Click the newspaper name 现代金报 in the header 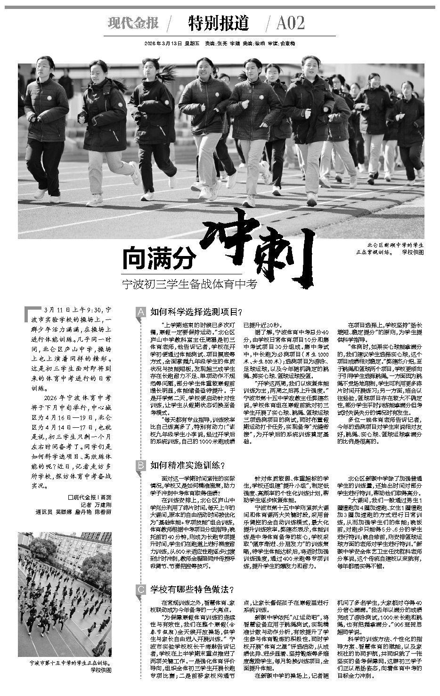click(133, 23)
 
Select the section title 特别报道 click(218, 23)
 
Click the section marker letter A click(140, 312)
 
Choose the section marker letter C click(140, 589)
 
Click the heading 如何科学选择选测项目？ click(196, 312)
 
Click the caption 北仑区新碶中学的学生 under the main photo click(394, 245)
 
